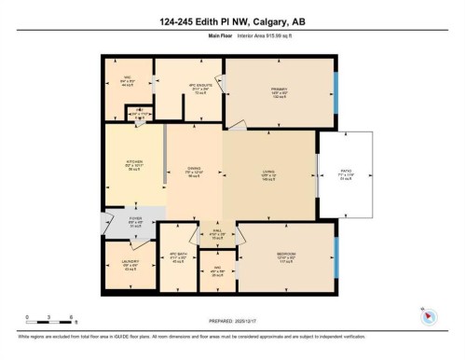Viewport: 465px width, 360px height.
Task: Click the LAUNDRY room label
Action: tap(129, 264)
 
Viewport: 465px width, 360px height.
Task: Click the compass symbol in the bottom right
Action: tap(429, 314)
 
